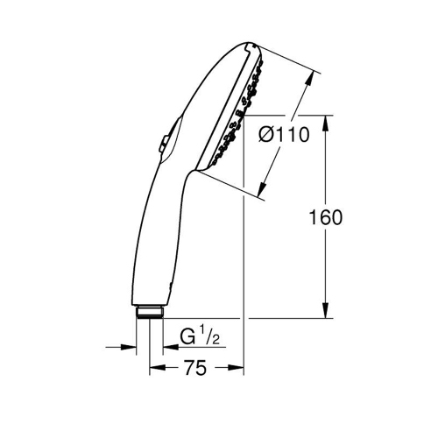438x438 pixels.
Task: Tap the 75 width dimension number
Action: click(x=195, y=370)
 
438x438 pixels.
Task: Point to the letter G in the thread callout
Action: click(x=186, y=336)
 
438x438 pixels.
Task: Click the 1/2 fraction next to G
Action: click(x=206, y=334)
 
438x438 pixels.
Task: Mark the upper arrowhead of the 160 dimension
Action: click(x=326, y=121)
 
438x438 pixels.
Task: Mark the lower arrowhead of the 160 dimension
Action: click(x=326, y=311)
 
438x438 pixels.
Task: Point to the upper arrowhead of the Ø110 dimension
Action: click(x=309, y=78)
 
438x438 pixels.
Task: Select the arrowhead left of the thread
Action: click(x=131, y=347)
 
